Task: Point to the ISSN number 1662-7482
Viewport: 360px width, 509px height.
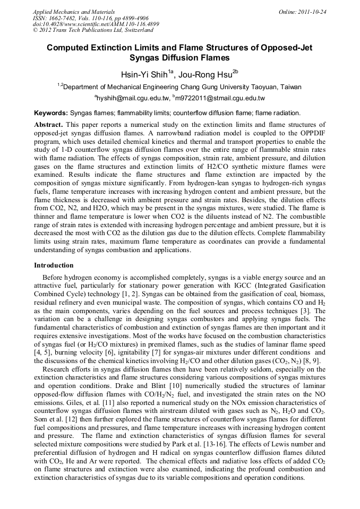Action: [64, 18]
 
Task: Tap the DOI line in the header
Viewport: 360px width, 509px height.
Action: [96, 24]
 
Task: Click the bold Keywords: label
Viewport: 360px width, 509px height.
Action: [51, 113]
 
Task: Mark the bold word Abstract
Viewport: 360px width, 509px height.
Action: [48, 124]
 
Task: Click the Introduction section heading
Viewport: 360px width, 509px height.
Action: [54, 265]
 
